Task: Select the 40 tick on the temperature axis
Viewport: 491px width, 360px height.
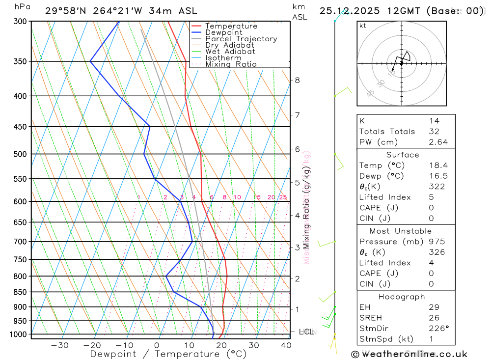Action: pyautogui.click(x=286, y=345)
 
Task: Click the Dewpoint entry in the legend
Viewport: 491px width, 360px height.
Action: pyautogui.click(x=223, y=32)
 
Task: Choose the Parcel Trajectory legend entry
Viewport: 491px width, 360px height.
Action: pyautogui.click(x=241, y=39)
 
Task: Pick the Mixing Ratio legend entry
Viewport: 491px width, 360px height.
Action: pyautogui.click(x=231, y=64)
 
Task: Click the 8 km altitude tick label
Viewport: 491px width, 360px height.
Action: pyautogui.click(x=297, y=80)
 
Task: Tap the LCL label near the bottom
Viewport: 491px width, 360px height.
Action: pyautogui.click(x=306, y=332)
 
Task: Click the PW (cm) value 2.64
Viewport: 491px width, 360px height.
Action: pyautogui.click(x=438, y=142)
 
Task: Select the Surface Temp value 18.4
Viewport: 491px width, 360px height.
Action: pyautogui.click(x=438, y=166)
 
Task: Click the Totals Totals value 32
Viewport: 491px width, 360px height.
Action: pyautogui.click(x=433, y=132)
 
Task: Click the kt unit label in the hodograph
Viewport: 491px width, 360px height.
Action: pyautogui.click(x=363, y=26)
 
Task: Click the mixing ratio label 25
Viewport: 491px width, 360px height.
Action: pyautogui.click(x=283, y=197)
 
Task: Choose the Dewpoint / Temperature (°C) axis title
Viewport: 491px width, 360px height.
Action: pyautogui.click(x=168, y=354)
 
